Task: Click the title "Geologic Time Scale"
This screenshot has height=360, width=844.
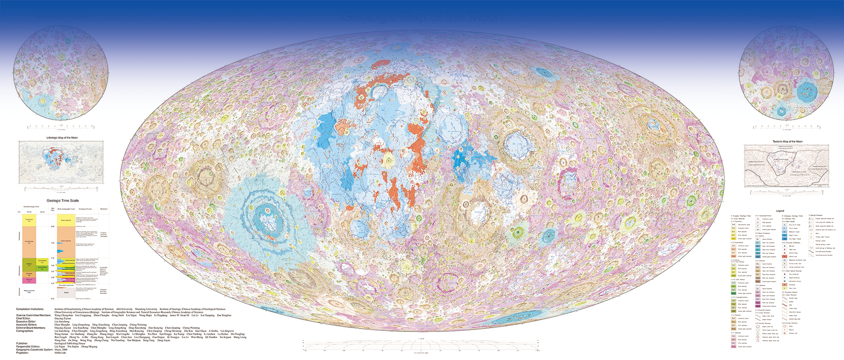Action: [62, 201]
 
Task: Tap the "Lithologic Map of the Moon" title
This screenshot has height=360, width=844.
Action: [62, 138]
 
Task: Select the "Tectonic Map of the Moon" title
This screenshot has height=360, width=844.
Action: [787, 142]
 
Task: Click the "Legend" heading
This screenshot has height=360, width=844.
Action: [780, 211]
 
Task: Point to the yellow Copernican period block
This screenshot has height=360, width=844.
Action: [29, 220]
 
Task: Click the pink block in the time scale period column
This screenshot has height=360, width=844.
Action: [29, 280]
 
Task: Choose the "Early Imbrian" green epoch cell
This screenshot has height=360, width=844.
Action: [42, 268]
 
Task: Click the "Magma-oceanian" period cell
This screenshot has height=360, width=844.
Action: [29, 291]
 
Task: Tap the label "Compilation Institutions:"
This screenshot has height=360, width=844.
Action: [30, 309]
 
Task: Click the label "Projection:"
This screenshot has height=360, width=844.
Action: [23, 353]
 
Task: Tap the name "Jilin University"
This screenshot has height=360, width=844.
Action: [124, 309]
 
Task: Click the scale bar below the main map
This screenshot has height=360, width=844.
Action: [421, 349]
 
